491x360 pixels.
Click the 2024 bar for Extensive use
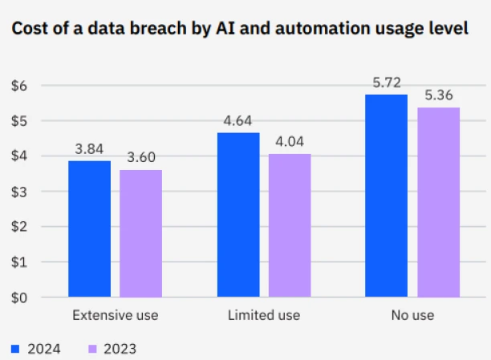pos(89,229)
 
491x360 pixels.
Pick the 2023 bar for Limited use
pos(290,225)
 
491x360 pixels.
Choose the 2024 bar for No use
pos(386,196)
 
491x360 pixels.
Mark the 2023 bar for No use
pos(438,202)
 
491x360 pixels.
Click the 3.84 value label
pos(89,150)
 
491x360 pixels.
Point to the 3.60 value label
pos(140,158)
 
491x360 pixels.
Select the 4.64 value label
pos(238,122)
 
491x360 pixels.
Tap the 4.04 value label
pos(290,143)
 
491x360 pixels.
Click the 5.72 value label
pos(386,83)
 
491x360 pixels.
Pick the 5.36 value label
pos(438,96)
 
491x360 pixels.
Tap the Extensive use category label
pos(115,315)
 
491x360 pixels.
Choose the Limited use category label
pos(264,315)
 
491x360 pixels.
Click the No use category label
pos(412,315)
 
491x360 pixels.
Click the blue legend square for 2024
pos(14,349)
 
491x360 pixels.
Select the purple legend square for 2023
pos(92,349)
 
